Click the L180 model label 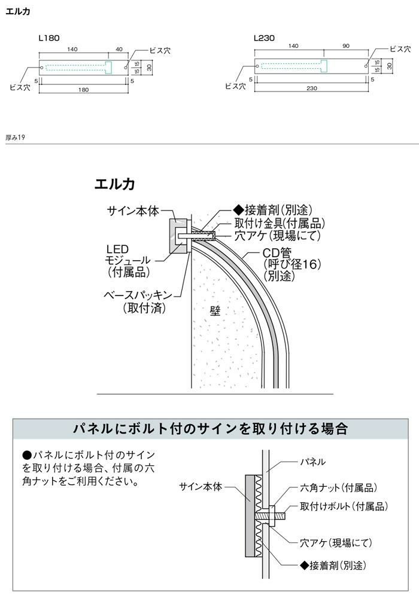tap(48, 38)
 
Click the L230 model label tap(264, 38)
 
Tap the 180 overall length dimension tap(83, 90)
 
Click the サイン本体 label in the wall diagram tap(133, 210)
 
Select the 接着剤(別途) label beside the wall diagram tap(272, 210)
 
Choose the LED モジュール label tap(128, 260)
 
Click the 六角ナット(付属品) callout tap(338, 488)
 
